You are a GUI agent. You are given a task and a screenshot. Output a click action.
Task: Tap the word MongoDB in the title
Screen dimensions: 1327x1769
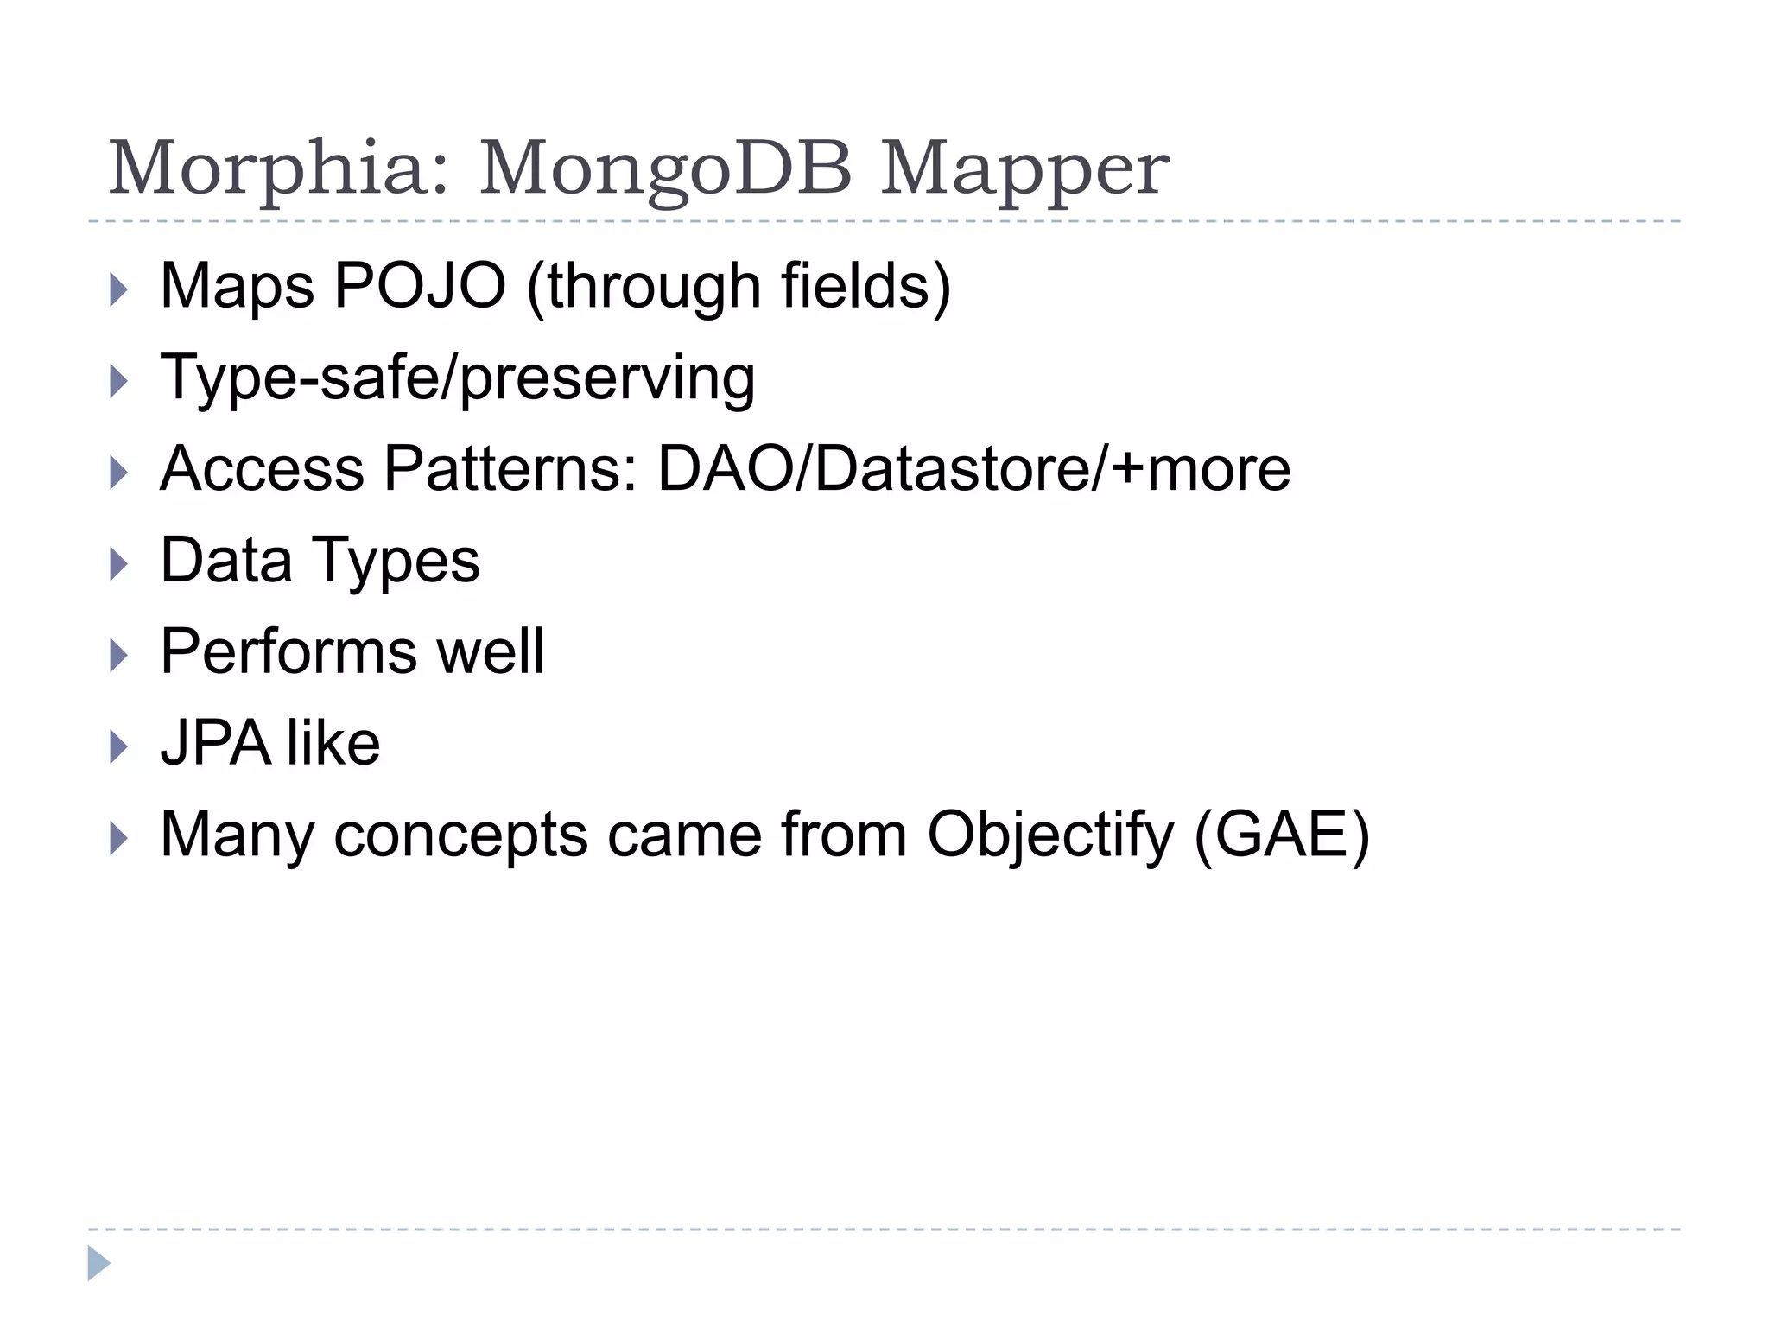coord(665,170)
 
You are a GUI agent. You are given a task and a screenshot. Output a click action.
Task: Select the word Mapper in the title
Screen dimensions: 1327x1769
coord(1024,170)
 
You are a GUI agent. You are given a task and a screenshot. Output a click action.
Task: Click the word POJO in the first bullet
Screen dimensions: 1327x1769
coord(420,286)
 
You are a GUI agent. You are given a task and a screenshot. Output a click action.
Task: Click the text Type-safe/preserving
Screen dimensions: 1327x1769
coord(458,378)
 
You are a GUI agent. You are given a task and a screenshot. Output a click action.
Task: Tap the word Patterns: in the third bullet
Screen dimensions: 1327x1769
coord(510,469)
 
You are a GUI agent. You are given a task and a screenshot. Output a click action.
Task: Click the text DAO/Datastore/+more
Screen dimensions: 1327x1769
coord(973,469)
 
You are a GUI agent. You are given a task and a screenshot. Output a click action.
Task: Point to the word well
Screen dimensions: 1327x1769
coord(491,651)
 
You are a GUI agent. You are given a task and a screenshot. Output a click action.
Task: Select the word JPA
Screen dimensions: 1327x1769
coord(215,743)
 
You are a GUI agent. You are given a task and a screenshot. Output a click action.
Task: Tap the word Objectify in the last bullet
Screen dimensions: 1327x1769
coord(1050,836)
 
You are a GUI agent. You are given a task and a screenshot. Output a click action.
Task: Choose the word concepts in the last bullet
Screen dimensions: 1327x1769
coord(460,836)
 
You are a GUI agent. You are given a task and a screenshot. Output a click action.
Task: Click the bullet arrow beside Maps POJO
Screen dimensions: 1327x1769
coord(119,290)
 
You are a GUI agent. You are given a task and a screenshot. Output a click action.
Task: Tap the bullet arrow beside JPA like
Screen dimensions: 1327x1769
coord(119,747)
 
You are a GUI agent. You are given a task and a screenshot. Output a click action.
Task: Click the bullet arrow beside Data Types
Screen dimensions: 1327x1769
coord(119,565)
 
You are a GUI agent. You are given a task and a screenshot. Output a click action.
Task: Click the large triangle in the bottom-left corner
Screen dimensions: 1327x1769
coord(98,1263)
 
